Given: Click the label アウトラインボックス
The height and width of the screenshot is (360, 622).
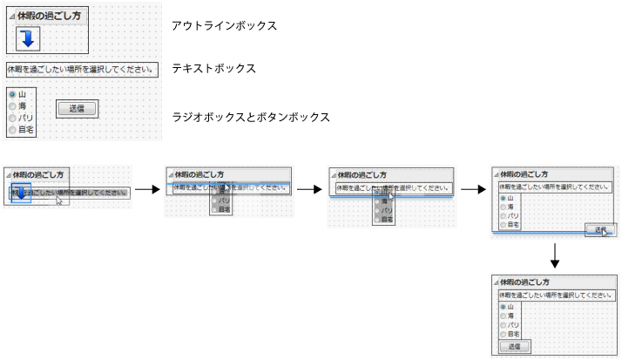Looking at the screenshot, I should (x=225, y=26).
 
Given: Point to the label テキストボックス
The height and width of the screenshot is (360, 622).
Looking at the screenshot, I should (x=213, y=68).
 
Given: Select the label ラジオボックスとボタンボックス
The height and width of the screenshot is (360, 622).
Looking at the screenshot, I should (x=251, y=117).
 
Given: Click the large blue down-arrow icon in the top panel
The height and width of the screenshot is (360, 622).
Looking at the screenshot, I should (x=28, y=37).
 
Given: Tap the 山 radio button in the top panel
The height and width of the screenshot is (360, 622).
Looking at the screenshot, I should (x=11, y=94).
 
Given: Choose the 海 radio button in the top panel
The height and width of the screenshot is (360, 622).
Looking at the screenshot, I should (x=11, y=105).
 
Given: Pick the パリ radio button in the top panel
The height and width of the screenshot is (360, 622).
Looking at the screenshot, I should (x=11, y=117).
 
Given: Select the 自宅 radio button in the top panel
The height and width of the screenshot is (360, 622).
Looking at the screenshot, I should (x=11, y=129).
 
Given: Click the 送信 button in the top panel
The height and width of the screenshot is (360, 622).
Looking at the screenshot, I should (x=77, y=108).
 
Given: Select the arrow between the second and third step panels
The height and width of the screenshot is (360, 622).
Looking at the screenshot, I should (x=310, y=188).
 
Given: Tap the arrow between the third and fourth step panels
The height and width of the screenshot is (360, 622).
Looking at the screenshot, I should (x=473, y=188).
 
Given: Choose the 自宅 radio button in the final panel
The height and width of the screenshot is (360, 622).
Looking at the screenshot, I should (x=503, y=334).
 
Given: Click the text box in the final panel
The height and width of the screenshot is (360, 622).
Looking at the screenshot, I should (x=554, y=295).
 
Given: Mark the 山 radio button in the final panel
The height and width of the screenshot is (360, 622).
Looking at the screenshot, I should (x=503, y=307).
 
